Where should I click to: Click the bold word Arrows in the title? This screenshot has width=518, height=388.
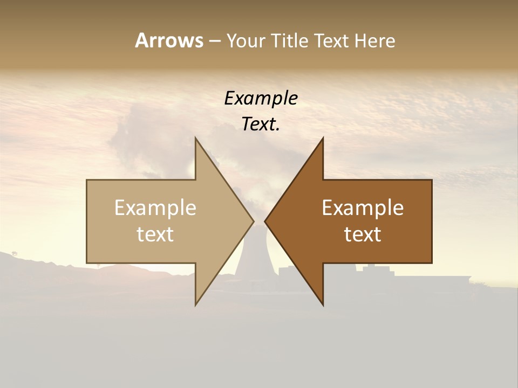click(169, 40)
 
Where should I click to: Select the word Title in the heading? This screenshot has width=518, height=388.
click(289, 41)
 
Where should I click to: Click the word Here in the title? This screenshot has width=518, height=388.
click(375, 41)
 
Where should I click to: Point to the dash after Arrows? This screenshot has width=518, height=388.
click(214, 41)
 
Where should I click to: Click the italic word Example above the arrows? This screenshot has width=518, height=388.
click(261, 98)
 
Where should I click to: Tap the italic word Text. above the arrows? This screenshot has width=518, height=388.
click(261, 124)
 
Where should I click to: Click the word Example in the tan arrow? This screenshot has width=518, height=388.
click(155, 207)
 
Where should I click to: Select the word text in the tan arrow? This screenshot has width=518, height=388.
click(155, 234)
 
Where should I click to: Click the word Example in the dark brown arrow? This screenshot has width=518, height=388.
click(363, 207)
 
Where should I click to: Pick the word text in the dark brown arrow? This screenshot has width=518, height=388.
click(363, 234)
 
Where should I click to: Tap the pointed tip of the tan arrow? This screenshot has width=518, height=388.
click(253, 221)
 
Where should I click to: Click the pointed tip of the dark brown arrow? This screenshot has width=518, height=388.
click(265, 221)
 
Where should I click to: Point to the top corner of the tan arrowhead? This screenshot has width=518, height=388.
click(196, 138)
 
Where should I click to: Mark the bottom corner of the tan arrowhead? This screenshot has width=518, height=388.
click(196, 304)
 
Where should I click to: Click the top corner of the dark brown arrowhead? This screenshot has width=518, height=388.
click(323, 138)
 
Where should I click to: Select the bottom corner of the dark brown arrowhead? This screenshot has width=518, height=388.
click(323, 304)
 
